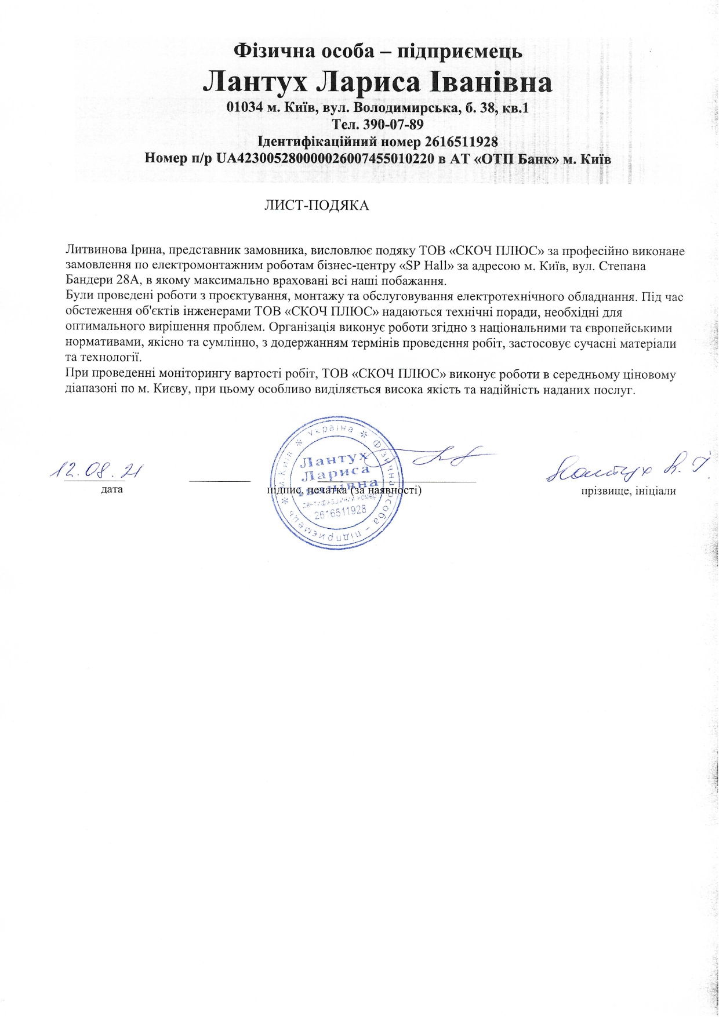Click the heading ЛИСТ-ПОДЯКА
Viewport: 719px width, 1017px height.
(x=317, y=206)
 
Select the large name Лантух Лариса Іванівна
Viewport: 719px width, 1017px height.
(x=377, y=83)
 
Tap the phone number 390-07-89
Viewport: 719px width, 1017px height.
(x=394, y=125)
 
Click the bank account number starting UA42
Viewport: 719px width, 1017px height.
(x=325, y=158)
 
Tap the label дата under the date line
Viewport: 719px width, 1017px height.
(x=112, y=490)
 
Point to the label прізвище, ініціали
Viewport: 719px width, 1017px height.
(x=629, y=491)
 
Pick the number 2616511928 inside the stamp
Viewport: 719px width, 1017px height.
(x=340, y=510)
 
